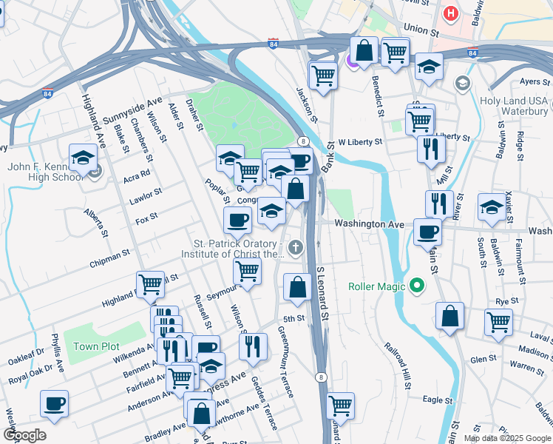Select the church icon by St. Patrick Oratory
point(296,247)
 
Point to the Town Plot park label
point(96,346)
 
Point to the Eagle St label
point(437,400)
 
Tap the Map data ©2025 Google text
point(506,438)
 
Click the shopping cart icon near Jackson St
point(323,74)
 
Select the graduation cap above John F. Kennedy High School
point(83,157)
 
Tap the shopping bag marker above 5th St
point(297,286)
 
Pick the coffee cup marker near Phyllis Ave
point(54,403)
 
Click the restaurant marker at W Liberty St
point(429,147)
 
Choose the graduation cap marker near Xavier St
point(492,207)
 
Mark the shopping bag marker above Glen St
point(449,316)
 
